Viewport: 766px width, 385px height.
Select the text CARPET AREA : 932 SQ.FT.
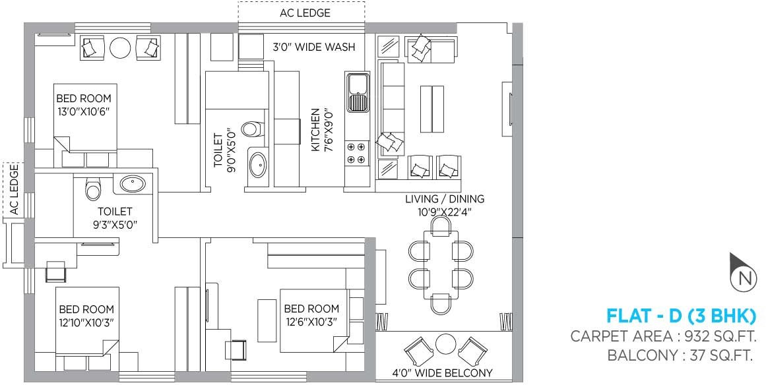[x=668, y=336]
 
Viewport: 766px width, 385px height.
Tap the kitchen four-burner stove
[x=356, y=153]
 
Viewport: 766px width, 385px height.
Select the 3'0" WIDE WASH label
[x=314, y=47]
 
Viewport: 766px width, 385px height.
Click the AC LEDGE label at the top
[x=301, y=13]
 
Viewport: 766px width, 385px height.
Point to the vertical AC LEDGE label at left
[x=13, y=191]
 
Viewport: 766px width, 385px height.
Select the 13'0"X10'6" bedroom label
[x=83, y=105]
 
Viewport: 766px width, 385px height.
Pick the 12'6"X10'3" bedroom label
[x=311, y=315]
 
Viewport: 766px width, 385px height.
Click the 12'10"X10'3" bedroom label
[x=86, y=316]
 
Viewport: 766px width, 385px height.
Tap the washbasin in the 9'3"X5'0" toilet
[x=133, y=183]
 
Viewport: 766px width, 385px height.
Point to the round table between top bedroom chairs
[x=120, y=47]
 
